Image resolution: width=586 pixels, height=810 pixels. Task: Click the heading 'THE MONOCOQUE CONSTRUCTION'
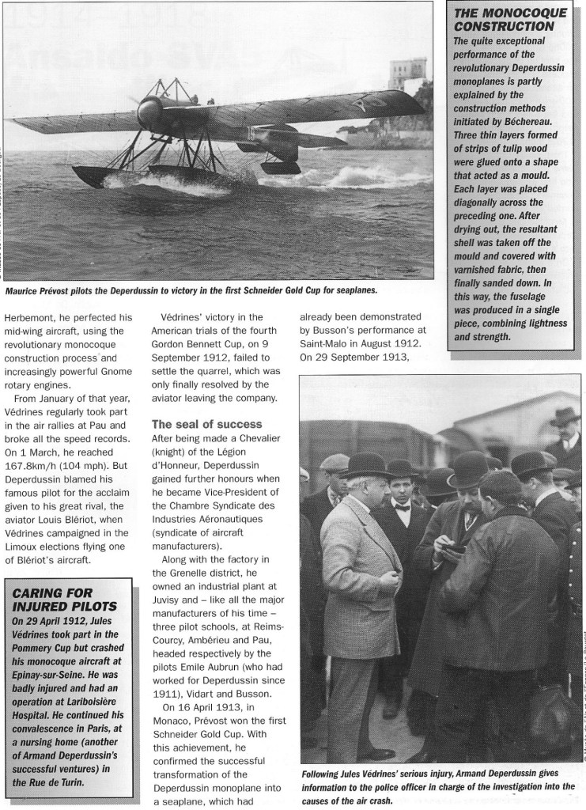tap(509, 20)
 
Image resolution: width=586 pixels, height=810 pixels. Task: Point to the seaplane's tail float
tap(281, 167)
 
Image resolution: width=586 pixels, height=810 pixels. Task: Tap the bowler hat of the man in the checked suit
tap(366, 464)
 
